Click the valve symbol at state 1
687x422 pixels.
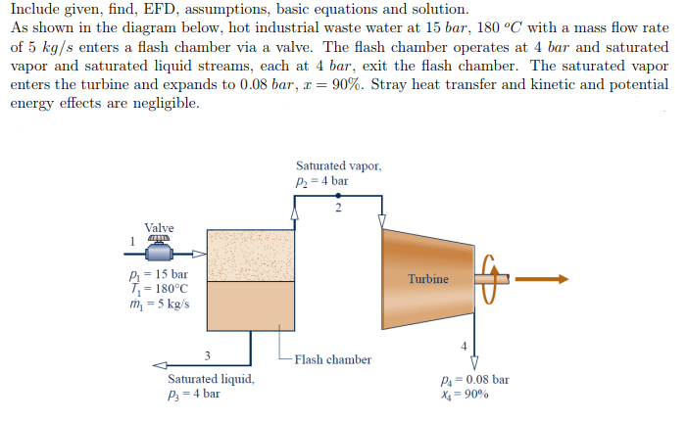pyautogui.click(x=160, y=250)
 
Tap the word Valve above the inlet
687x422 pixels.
pyautogui.click(x=160, y=228)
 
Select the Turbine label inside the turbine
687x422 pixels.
pyautogui.click(x=429, y=279)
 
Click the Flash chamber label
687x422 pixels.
pyautogui.click(x=333, y=359)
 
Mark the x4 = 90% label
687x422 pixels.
pyautogui.click(x=466, y=394)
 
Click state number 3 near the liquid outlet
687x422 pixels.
pyautogui.click(x=207, y=355)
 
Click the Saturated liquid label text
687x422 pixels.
pyautogui.click(x=211, y=379)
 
